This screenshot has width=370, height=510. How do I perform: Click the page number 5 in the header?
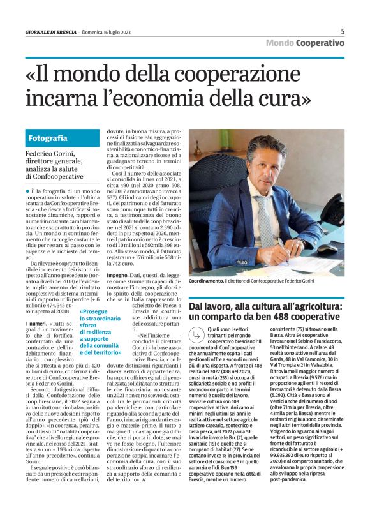[x=343, y=31]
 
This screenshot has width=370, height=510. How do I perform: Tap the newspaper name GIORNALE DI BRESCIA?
[x=50, y=32]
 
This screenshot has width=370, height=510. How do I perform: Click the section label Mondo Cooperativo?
[x=305, y=43]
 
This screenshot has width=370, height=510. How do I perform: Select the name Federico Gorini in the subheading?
[x=50, y=154]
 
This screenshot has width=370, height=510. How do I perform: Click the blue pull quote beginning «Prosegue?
[x=101, y=333]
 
